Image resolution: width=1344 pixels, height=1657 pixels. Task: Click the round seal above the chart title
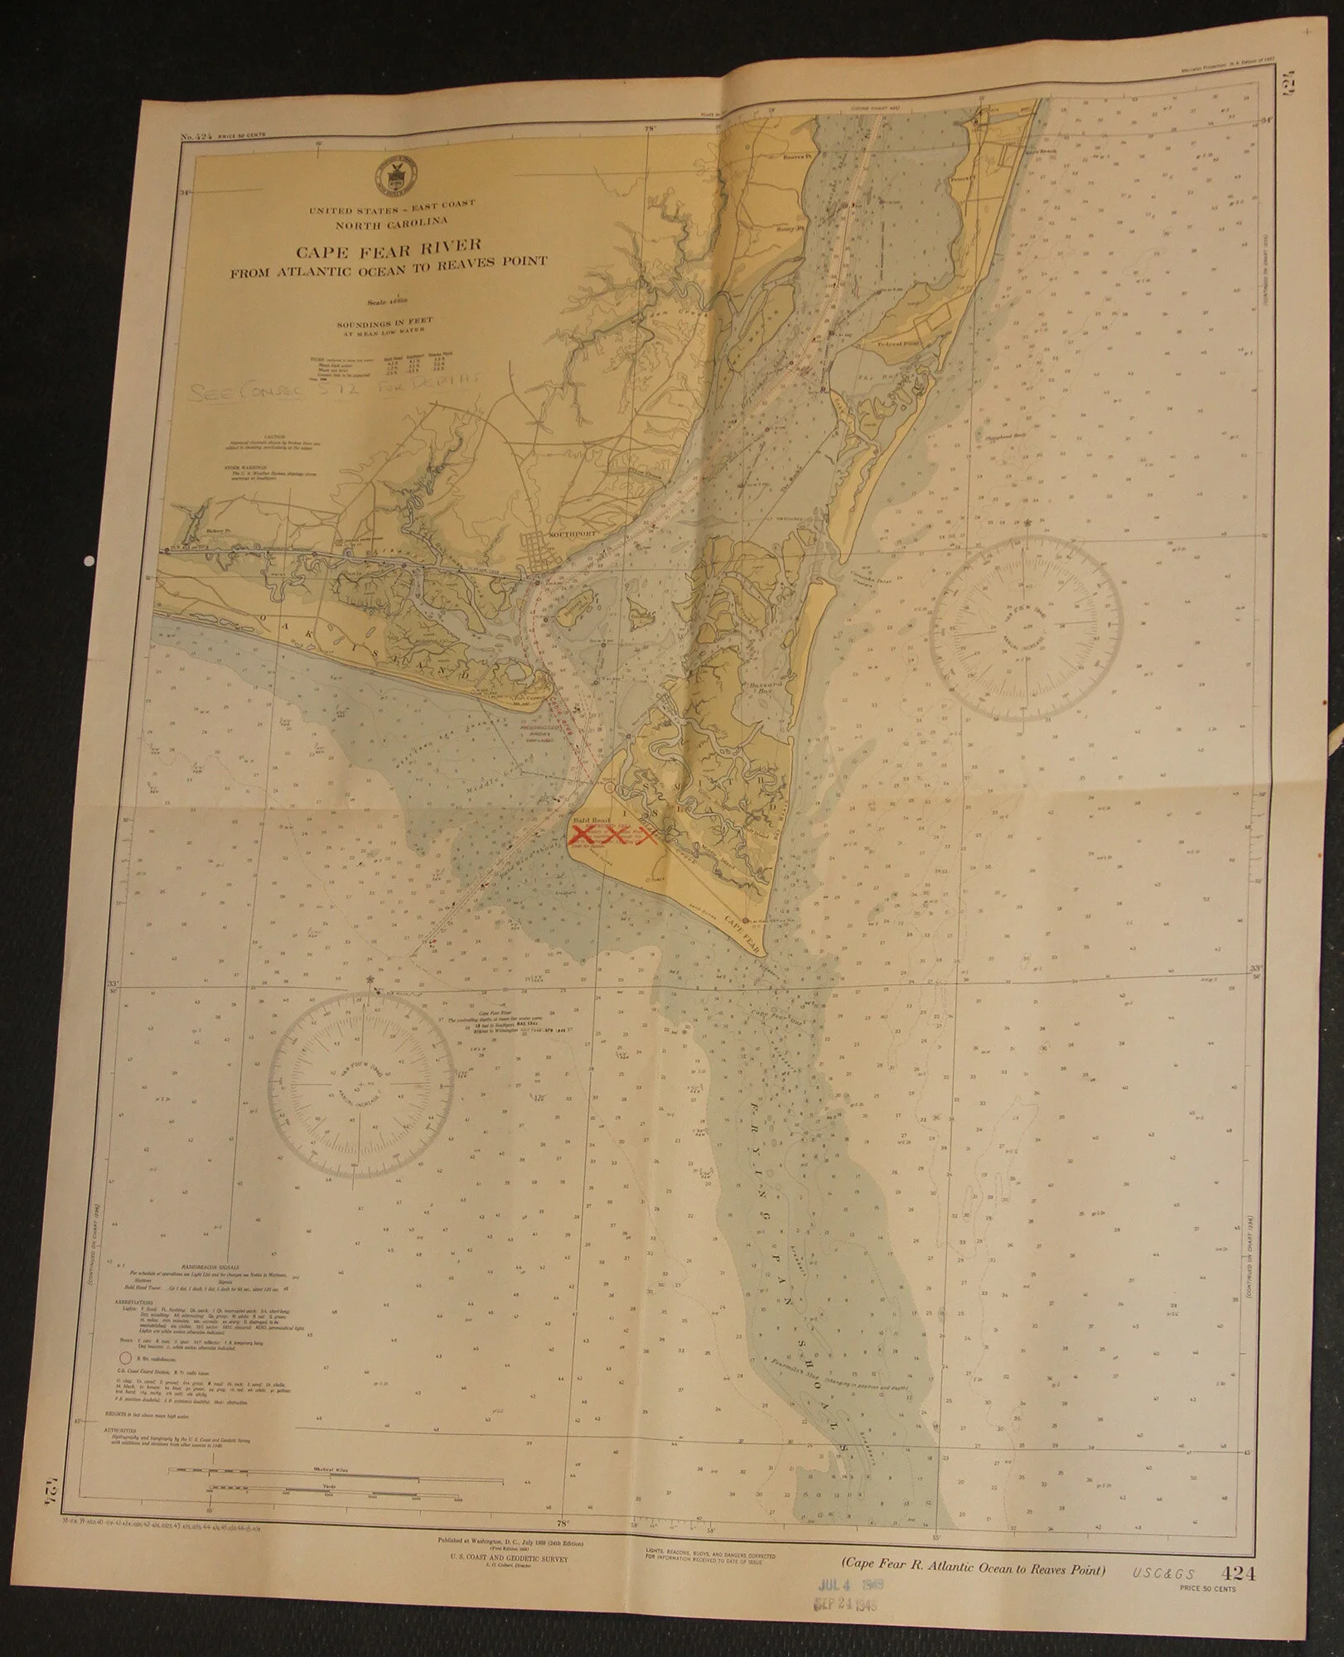pos(401,171)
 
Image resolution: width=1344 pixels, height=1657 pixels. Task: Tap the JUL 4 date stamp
pos(848,1606)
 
